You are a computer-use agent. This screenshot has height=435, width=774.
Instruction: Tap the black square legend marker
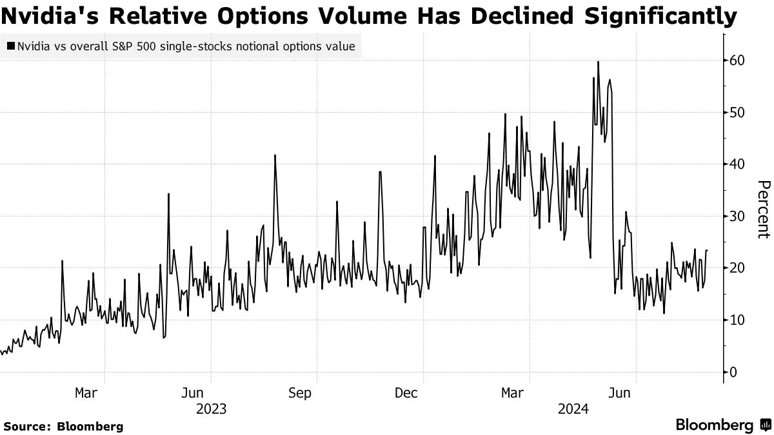[11, 46]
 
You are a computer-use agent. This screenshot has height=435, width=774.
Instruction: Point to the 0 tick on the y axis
[734, 372]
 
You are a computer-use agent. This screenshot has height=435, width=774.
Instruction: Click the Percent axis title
[763, 209]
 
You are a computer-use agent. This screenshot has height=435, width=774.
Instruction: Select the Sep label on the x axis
[299, 392]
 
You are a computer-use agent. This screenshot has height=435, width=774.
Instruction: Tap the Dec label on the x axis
[406, 392]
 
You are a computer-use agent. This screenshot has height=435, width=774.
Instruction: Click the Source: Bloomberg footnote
[63, 426]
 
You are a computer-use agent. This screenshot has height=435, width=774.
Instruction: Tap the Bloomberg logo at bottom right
[722, 425]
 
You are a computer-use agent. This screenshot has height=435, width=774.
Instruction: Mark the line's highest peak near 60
[598, 62]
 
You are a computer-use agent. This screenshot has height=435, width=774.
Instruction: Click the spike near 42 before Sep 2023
[275, 155]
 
